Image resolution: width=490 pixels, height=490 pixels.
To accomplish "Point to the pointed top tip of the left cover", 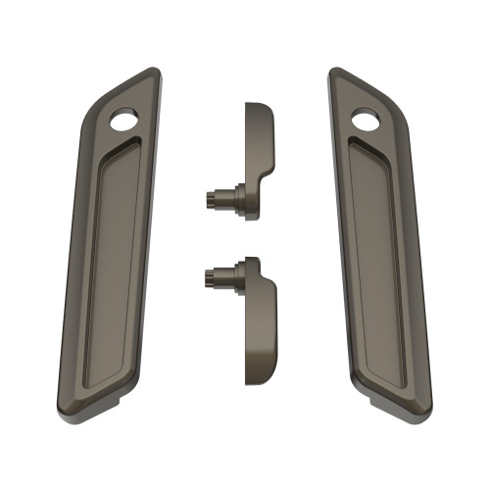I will click(154, 70).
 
